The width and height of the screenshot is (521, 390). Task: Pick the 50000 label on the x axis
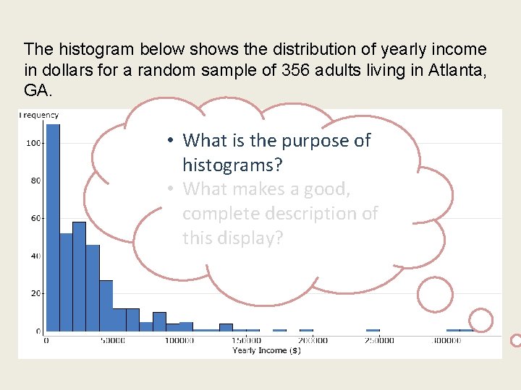112,341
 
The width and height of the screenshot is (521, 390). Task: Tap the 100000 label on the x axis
179,341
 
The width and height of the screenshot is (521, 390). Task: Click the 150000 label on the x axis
246,341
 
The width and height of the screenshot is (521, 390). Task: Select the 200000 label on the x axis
313,341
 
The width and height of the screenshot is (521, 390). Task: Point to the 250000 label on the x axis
379,341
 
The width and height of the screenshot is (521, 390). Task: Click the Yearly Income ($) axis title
266,351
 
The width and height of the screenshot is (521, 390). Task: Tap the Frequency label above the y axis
40,115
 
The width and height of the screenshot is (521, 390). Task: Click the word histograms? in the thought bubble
232,165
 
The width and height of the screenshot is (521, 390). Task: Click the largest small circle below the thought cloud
435,294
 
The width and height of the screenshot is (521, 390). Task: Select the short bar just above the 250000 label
373,330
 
